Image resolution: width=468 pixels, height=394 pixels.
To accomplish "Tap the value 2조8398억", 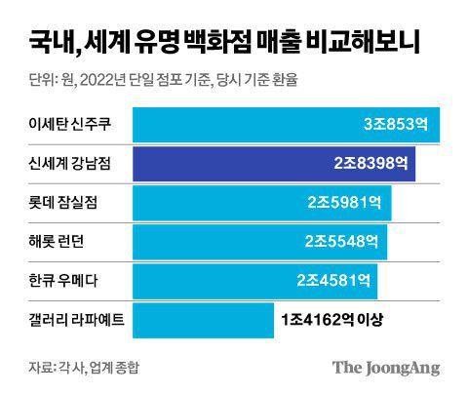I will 370,164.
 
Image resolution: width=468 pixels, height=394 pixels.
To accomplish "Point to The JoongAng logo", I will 386,368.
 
